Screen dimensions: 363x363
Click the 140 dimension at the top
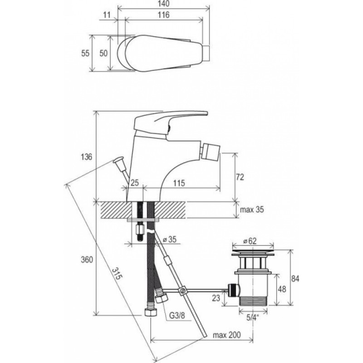pyautogui.click(x=164, y=4)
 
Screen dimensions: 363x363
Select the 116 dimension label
pyautogui.click(x=164, y=15)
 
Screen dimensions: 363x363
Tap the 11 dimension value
pyautogui.click(x=107, y=15)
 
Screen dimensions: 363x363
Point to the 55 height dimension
pyautogui.click(x=85, y=53)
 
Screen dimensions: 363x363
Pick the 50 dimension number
pyautogui.click(x=103, y=53)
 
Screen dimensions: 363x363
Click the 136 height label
pyautogui.click(x=86, y=157)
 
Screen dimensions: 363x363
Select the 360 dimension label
pyautogui.click(x=87, y=260)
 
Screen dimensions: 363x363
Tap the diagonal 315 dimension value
pyautogui.click(x=117, y=274)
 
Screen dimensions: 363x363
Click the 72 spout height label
pyautogui.click(x=240, y=177)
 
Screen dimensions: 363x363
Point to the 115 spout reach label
pyautogui.click(x=179, y=183)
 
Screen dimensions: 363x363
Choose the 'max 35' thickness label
pyautogui.click(x=252, y=210)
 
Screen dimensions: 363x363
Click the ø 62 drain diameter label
pyautogui.click(x=250, y=241)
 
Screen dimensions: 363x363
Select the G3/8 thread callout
pyautogui.click(x=177, y=315)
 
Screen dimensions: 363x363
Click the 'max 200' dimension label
pyautogui.click(x=226, y=335)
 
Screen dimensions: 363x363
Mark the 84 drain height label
pyautogui.click(x=295, y=279)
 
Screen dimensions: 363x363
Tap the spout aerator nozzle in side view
pyautogui.click(x=210, y=150)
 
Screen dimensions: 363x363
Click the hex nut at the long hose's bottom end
pyautogui.click(x=151, y=312)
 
